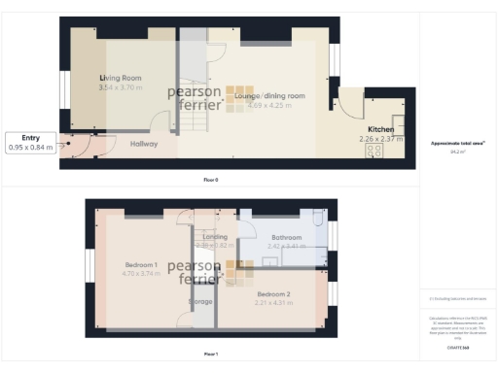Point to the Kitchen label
380,128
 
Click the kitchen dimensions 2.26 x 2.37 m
380,138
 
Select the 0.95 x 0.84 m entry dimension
29,148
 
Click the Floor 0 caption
210,181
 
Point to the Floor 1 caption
210,354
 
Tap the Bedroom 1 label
142,264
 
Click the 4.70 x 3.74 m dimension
142,274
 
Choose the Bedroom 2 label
273,293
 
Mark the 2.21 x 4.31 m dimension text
273,303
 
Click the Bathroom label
287,237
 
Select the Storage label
200,301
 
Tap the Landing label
214,236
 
